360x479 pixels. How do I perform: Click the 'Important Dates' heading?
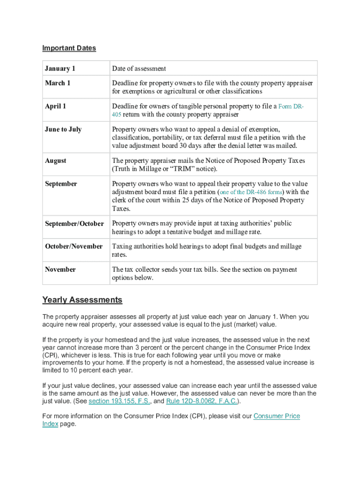pyautogui.click(x=69, y=48)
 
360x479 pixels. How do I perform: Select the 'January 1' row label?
pyautogui.click(x=60, y=69)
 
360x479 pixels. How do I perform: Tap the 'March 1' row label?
pyautogui.click(x=58, y=83)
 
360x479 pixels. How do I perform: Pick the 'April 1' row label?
pyautogui.click(x=55, y=106)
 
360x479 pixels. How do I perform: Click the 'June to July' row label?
pyautogui.click(x=63, y=129)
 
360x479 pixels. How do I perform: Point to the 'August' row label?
pyautogui.click(x=56, y=160)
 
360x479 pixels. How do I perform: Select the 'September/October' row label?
pyautogui.click(x=74, y=224)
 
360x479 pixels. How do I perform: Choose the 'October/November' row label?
pyautogui.click(x=74, y=247)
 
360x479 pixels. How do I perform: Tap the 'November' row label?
pyautogui.click(x=60, y=269)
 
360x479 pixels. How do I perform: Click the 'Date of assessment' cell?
pyautogui.click(x=139, y=69)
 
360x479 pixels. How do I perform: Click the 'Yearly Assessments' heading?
pyautogui.click(x=82, y=300)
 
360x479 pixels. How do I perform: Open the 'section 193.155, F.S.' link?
pyautogui.click(x=119, y=401)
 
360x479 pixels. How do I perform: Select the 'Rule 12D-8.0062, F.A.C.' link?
pyautogui.click(x=202, y=401)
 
